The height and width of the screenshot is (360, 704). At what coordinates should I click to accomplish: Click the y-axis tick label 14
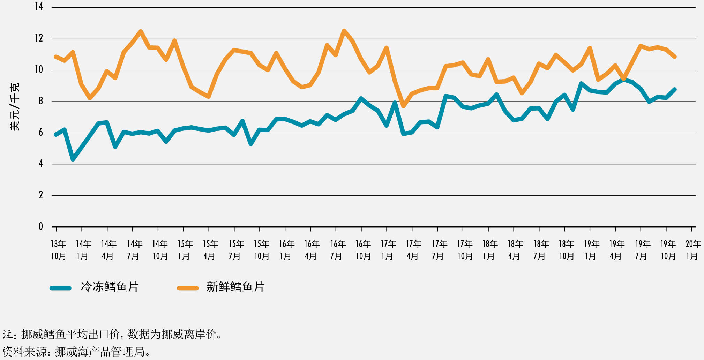tap(39, 7)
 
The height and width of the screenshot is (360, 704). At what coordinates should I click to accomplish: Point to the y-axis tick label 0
tap(40, 226)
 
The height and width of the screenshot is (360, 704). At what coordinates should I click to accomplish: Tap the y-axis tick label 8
tap(40, 101)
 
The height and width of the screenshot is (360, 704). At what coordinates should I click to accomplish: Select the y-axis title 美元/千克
tap(15, 107)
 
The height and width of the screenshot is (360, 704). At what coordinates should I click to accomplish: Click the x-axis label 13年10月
tap(58, 250)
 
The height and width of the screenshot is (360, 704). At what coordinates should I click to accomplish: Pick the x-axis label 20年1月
tap(692, 250)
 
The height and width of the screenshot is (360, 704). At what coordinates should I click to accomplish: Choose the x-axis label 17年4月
tap(413, 250)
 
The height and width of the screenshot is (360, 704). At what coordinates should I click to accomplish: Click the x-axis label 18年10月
tap(566, 250)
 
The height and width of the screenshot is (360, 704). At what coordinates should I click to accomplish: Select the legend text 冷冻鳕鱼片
tap(110, 287)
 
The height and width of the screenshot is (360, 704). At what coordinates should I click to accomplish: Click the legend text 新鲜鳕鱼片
tap(235, 287)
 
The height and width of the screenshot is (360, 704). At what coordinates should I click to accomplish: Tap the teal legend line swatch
tap(60, 288)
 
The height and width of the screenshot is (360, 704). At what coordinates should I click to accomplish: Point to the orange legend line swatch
tap(188, 288)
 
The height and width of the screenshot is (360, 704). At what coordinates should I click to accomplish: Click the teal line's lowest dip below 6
tap(73, 159)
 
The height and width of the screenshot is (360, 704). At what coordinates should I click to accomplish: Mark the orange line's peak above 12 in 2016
tap(344, 31)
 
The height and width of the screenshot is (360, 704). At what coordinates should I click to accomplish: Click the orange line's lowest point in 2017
tap(403, 106)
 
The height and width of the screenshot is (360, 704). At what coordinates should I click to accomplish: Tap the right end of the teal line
tap(674, 90)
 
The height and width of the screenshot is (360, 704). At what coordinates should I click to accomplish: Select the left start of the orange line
tap(56, 57)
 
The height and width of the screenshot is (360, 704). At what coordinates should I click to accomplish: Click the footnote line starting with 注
tap(112, 335)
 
